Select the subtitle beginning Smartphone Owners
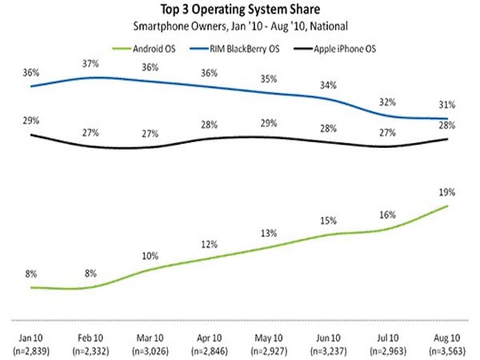[x=239, y=26]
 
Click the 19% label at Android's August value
[x=447, y=193]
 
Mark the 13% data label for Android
[x=269, y=233]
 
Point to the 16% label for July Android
[x=389, y=215]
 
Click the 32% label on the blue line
[x=389, y=102]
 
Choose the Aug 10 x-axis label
[x=447, y=338]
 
